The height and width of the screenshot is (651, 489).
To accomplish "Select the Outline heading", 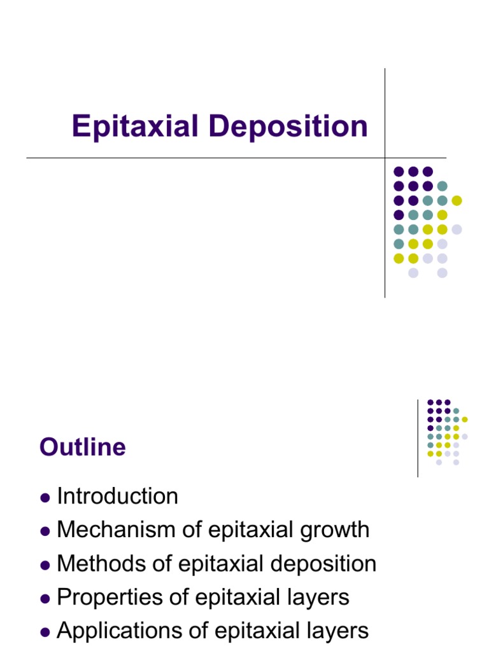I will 82,448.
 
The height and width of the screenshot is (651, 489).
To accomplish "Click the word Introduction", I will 117,496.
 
